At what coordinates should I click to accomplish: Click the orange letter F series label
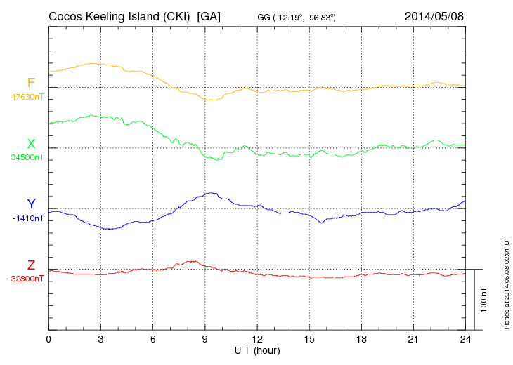click(31, 83)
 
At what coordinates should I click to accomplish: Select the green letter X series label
click(31, 143)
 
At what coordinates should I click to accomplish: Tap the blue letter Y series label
click(31, 204)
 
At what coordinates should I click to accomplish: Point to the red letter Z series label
click(31, 265)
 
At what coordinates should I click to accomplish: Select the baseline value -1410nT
click(28, 218)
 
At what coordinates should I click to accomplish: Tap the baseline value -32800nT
click(27, 279)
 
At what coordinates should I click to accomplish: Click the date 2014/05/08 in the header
click(434, 15)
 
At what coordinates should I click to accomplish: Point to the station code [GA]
click(209, 15)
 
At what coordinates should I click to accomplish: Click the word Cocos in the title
click(67, 15)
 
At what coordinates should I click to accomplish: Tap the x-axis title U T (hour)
click(257, 350)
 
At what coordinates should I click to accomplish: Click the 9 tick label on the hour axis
click(204, 339)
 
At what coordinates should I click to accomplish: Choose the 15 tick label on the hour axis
click(309, 339)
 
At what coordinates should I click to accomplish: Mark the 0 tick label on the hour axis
click(48, 339)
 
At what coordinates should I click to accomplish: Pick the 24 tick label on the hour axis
click(465, 339)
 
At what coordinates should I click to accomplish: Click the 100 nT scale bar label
click(484, 299)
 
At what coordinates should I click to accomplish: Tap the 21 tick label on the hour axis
click(413, 339)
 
